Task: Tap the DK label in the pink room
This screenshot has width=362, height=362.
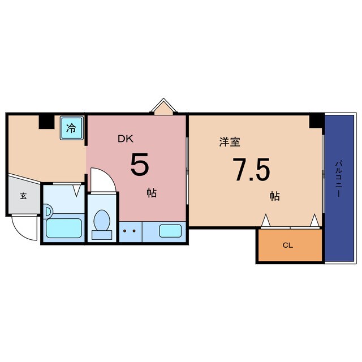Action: (125, 137)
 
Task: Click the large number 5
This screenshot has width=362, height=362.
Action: (140, 165)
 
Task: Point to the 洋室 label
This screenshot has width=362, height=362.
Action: (230, 142)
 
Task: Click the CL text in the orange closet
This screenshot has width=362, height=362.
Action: (288, 246)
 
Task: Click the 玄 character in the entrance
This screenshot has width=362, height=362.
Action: (24, 196)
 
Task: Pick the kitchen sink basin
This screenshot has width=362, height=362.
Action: (170, 231)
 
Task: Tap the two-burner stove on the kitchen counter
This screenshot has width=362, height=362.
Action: (130, 231)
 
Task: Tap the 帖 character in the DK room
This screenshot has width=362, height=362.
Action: (152, 193)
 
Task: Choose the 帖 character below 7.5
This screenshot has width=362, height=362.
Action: (275, 196)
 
